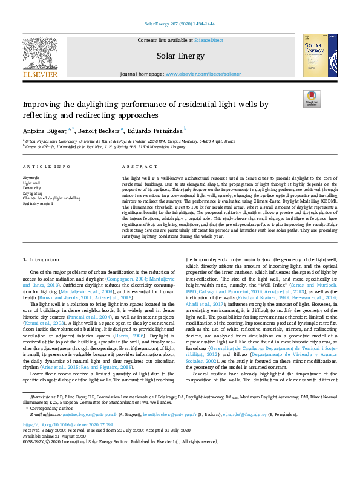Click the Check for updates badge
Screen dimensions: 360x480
coord(311,99)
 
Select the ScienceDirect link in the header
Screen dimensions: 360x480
coord(208,40)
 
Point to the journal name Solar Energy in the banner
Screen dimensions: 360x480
coord(180,56)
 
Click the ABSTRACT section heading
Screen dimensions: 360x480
coord(135,166)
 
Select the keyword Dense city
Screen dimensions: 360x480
coord(32,187)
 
